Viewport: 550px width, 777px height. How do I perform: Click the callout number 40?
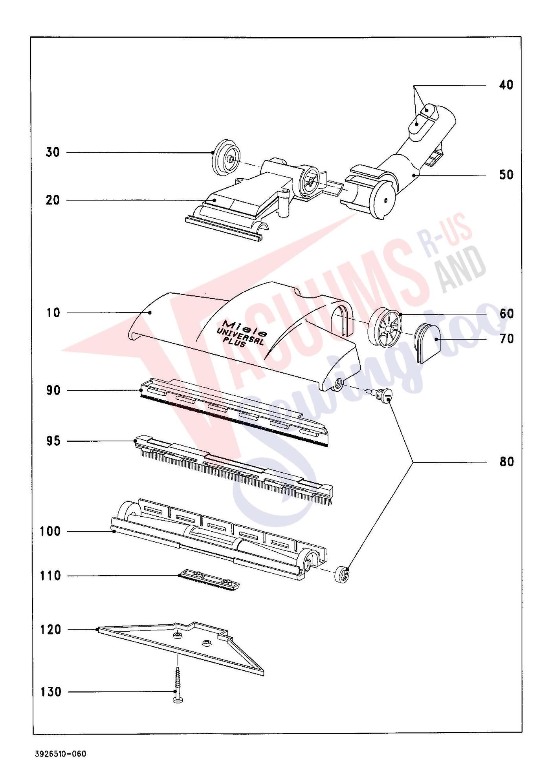coord(506,85)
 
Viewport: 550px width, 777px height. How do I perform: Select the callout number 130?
coord(51,692)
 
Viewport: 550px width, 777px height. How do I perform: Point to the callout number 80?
coord(507,462)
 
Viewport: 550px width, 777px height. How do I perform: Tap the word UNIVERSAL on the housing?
coord(240,336)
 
